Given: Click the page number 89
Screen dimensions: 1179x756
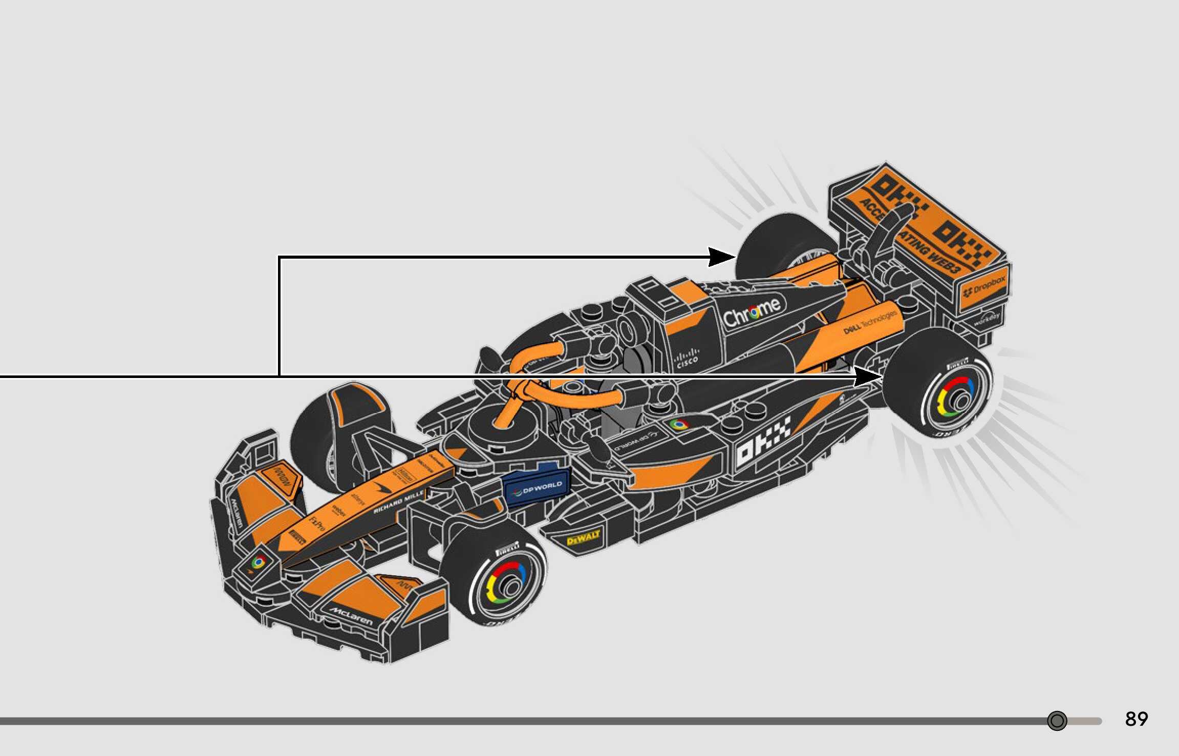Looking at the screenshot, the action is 1136,719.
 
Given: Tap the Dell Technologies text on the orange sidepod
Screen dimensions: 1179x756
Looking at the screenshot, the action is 870,322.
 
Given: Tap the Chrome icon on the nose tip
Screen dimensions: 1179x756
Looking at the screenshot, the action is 259,563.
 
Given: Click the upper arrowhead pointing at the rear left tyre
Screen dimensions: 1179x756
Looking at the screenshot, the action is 723,257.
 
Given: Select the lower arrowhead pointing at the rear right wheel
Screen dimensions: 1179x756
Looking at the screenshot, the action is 868,376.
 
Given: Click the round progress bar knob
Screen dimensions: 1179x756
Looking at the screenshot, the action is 1057,721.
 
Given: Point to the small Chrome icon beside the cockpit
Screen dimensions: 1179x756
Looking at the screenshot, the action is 679,424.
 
